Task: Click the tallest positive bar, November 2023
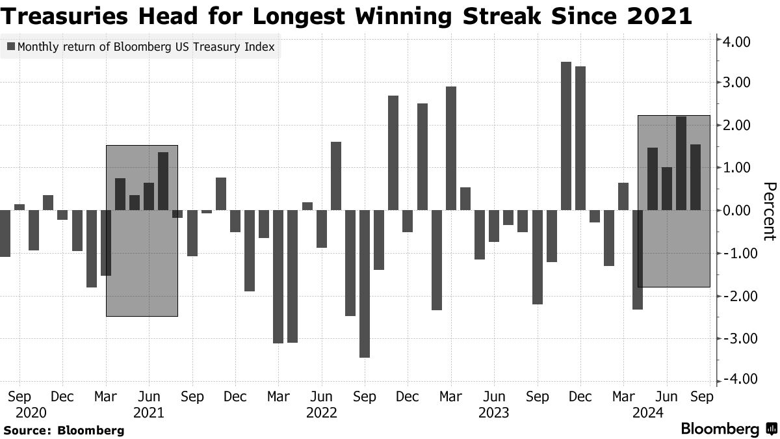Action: pyautogui.click(x=565, y=136)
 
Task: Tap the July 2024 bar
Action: pyautogui.click(x=681, y=163)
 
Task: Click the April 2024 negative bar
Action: pyautogui.click(x=638, y=259)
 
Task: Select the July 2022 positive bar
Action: pyautogui.click(x=336, y=176)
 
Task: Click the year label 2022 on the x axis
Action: pyautogui.click(x=321, y=412)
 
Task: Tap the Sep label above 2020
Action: pyautogui.click(x=19, y=397)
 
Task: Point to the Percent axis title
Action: pyautogui.click(x=768, y=211)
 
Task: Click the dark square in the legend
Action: pyautogui.click(x=11, y=47)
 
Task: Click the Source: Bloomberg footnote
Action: pyautogui.click(x=64, y=430)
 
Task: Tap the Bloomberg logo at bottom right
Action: pyautogui.click(x=728, y=429)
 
